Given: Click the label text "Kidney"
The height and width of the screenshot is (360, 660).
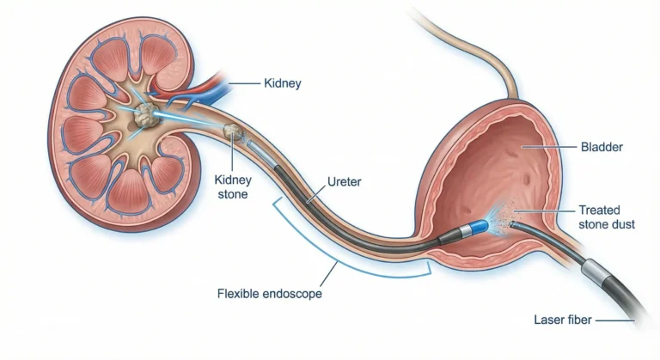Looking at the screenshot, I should click(284, 83).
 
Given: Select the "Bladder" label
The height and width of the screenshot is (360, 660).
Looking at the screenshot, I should click(602, 147).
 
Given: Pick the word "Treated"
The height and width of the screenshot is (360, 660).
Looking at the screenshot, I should click(598, 210).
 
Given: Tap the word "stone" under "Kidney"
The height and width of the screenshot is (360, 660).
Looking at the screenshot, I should click(232, 194).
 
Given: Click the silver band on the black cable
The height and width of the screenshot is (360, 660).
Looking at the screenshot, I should click(597, 273).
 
